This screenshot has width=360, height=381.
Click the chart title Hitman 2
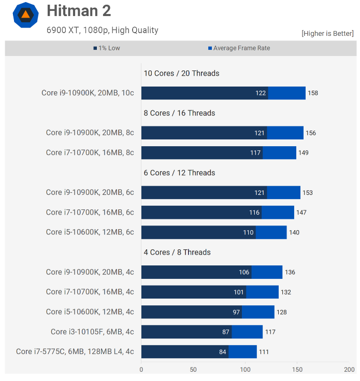pos(79,11)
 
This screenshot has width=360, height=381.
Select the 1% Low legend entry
pos(107,48)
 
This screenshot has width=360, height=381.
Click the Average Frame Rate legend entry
pos(239,48)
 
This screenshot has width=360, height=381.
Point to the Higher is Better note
pos(327,33)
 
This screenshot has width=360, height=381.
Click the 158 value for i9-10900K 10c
pos(313,93)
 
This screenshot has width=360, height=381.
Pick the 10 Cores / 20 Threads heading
pos(181,73)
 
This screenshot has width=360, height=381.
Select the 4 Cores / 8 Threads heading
pos(177,252)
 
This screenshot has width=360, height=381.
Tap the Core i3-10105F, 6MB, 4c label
pos(92,332)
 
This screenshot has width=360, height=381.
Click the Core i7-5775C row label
pos(75,351)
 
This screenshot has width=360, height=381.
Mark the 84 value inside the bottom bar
pos(223,352)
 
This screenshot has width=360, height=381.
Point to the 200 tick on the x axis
pos(350,370)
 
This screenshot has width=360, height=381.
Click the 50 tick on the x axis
pos(193,370)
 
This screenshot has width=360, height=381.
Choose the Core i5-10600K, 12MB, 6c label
pos(90,232)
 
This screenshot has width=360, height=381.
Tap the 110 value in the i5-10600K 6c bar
pos(249,233)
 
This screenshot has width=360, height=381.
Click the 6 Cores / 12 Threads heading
pos(179,173)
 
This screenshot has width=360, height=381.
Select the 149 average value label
pos(304,153)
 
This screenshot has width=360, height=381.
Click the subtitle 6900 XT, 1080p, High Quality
pos(102,30)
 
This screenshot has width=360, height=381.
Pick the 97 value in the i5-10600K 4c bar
pos(237,313)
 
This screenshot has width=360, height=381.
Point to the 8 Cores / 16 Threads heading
pos(179,113)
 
